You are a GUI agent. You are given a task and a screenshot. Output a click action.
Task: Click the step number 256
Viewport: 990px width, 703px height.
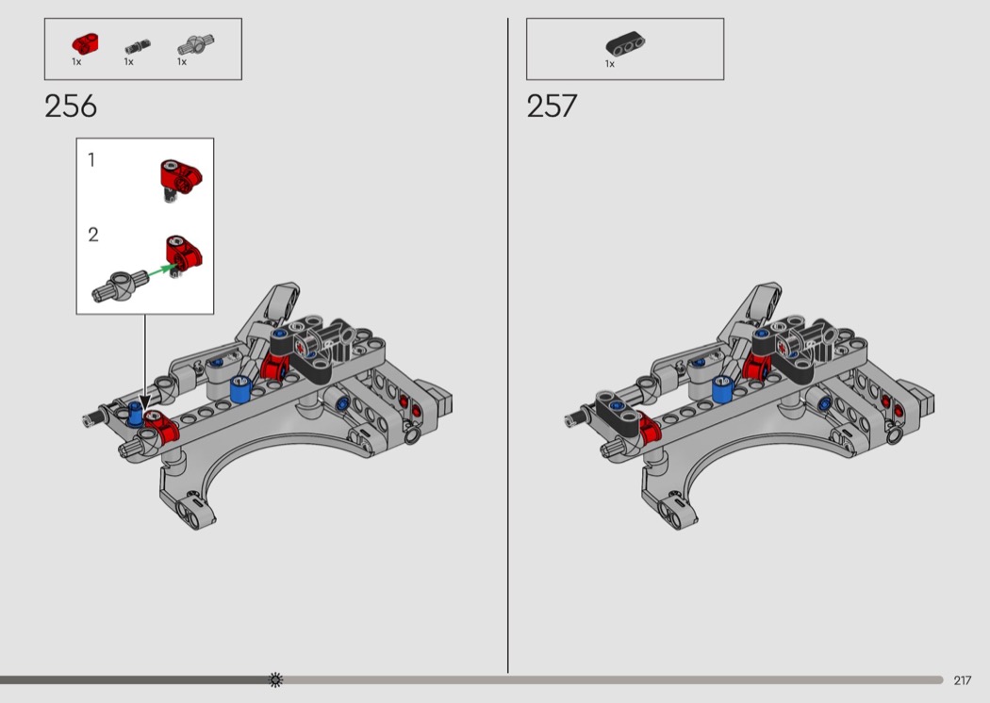point(71,106)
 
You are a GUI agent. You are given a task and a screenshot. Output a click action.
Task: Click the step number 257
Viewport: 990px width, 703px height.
point(552,106)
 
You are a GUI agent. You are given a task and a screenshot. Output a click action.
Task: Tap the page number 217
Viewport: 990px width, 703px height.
point(963,680)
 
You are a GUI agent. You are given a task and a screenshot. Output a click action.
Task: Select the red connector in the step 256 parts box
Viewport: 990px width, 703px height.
point(84,43)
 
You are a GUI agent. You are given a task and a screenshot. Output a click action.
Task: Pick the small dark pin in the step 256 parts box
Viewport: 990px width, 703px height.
point(137,46)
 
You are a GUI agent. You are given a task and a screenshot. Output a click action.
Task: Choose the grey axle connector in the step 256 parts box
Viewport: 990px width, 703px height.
point(195,44)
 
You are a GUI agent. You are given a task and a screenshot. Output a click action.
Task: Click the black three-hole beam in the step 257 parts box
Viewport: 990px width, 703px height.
point(625,43)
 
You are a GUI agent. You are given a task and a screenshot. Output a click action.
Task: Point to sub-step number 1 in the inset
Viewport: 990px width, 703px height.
point(91,160)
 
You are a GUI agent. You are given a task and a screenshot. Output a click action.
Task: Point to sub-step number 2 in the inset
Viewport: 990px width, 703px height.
point(92,235)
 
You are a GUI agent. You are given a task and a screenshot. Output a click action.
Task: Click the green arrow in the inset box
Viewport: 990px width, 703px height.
point(161,271)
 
